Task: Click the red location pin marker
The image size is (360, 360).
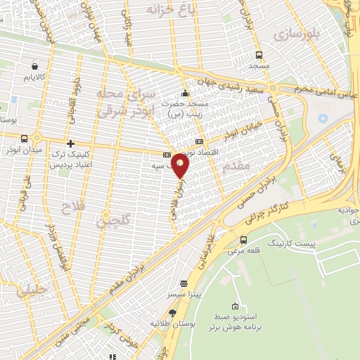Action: click(x=181, y=166)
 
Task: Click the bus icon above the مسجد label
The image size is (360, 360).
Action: click(x=259, y=55)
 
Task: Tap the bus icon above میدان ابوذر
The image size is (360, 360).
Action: click(x=25, y=139)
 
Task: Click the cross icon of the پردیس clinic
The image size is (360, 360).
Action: click(x=70, y=143)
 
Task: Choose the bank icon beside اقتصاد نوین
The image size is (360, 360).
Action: click(x=199, y=142)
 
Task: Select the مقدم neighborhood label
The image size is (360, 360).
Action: click(x=235, y=166)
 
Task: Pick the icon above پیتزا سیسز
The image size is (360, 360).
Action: click(x=184, y=284)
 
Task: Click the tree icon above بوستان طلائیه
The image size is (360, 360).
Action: click(x=172, y=312)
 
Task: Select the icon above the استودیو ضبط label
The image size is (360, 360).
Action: click(x=234, y=307)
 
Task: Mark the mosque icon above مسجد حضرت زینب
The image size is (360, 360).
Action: click(x=185, y=94)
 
